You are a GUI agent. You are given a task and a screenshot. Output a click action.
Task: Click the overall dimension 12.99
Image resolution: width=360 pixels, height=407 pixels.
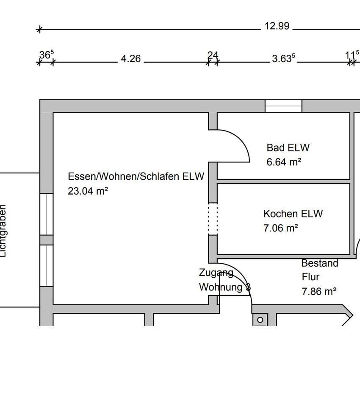click(277, 26)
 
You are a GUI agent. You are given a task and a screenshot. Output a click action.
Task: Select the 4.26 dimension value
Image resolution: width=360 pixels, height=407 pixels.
click(130, 59)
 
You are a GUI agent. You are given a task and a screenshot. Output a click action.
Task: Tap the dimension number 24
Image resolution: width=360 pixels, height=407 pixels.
click(213, 55)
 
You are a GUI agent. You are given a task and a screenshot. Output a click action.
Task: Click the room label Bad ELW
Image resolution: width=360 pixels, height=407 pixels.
click(288, 148)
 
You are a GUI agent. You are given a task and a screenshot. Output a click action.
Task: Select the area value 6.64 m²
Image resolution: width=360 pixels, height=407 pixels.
click(284, 162)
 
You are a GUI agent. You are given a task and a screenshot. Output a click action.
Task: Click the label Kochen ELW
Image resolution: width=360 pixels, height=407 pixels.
click(293, 214)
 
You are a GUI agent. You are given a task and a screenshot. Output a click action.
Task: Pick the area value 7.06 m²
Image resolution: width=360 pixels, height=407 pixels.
click(280, 228)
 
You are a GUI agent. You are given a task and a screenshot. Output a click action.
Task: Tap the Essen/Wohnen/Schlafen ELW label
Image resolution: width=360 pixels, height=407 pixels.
click(136, 176)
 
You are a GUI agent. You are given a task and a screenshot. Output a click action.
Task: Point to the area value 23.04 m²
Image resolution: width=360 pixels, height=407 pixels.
click(88, 191)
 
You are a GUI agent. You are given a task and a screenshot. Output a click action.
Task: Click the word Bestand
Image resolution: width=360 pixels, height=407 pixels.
click(320, 263)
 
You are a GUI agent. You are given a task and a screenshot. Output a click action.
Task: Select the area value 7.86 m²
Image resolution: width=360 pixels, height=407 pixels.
click(319, 292)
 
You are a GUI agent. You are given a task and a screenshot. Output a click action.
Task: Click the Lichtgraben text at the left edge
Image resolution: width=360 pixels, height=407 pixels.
click(3, 231)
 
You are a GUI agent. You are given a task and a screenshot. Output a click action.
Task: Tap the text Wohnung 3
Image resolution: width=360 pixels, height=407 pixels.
click(225, 287)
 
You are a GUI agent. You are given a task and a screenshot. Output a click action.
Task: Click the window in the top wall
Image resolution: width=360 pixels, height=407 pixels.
click(283, 106)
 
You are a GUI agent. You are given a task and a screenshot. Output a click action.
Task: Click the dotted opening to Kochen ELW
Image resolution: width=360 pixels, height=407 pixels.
click(213, 218)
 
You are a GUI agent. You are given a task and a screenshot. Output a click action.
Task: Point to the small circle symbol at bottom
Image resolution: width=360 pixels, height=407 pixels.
click(260, 320)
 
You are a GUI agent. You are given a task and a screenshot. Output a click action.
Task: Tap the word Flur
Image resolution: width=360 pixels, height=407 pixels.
click(310, 277)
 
